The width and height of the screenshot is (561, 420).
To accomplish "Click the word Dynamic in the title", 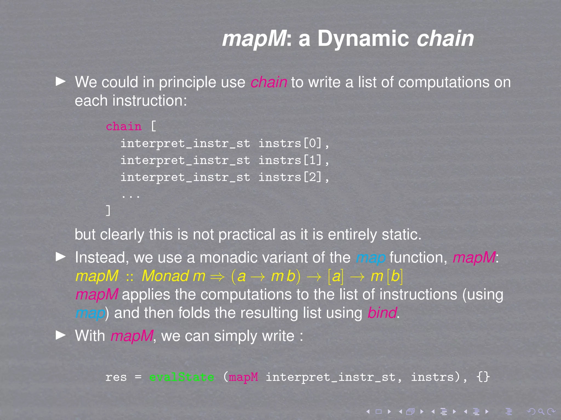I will pyautogui.click(x=363, y=39).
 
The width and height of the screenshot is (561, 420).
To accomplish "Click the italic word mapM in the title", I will pyautogui.click(x=254, y=39).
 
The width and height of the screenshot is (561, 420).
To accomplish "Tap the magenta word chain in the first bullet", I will pyautogui.click(x=268, y=83).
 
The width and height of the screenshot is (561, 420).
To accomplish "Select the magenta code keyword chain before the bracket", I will pyautogui.click(x=124, y=127).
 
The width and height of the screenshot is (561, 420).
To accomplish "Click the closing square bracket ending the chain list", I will pyautogui.click(x=108, y=211).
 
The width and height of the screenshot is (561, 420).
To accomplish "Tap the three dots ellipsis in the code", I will pyautogui.click(x=131, y=195).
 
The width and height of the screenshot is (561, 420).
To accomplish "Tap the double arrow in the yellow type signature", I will pyautogui.click(x=217, y=277).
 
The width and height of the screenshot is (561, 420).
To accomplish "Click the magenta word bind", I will pyautogui.click(x=382, y=313).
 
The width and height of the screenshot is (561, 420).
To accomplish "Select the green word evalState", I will pyautogui.click(x=181, y=377).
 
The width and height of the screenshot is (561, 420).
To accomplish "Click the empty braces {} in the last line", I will pyautogui.click(x=483, y=377).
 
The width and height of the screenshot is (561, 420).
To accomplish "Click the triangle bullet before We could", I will pyautogui.click(x=61, y=81).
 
